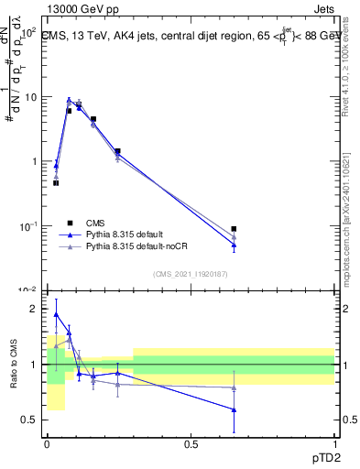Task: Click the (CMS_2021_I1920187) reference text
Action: coord(191,274)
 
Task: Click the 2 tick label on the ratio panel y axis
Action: coord(35,309)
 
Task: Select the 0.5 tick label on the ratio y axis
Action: coord(30,420)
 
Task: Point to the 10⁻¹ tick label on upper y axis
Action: coord(28,226)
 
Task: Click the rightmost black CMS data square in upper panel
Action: coord(235,229)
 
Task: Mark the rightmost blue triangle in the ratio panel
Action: coord(235,409)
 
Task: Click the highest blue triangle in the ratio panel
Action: coord(56,314)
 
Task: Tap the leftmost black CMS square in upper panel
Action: coord(56,183)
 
